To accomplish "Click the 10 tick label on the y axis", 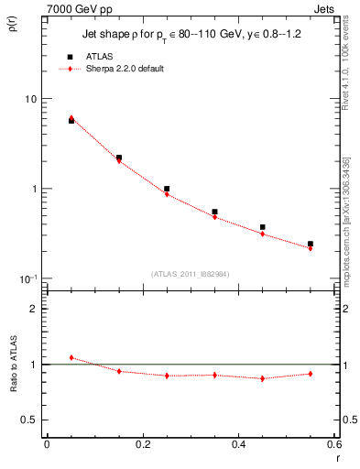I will click(28, 99).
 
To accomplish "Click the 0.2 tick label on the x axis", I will click(142, 444).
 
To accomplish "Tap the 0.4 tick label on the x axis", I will click(238, 444).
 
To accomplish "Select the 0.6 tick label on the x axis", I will click(332, 444).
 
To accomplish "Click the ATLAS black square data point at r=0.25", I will click(167, 189).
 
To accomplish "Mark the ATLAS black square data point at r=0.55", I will click(311, 244).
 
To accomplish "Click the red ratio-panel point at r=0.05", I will click(71, 357).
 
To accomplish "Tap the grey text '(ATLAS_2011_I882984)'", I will click(190, 273).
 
